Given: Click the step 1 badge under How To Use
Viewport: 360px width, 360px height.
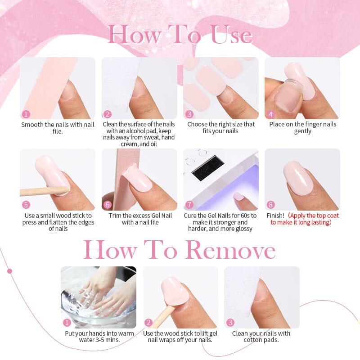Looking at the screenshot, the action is pos(26,114).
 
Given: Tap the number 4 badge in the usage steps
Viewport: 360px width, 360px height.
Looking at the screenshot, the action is pos(271,114).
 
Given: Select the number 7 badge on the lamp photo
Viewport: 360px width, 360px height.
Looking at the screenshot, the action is pos(189,205).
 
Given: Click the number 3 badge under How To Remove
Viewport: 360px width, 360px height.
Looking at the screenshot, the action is pos(230,323).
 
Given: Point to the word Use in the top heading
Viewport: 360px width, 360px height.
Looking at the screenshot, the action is pos(231,35).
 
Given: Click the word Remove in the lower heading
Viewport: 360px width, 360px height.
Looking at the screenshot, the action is pos(231,250).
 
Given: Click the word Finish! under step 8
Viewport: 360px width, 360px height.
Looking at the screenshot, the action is pos(275,216).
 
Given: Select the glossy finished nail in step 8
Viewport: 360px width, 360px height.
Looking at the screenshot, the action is pos(298,177).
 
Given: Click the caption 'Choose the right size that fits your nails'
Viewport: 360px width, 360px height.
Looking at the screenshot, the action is pos(221,128).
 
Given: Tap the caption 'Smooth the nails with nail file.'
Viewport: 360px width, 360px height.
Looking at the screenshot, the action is pos(58,128).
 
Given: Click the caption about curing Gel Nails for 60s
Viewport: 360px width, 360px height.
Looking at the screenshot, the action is pos(220,222).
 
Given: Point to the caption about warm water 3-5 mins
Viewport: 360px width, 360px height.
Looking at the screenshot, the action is pos(99,337).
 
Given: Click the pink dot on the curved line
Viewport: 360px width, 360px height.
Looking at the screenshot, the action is pos(9,271).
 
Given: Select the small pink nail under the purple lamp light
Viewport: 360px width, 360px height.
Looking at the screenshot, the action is pos(239,197).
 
